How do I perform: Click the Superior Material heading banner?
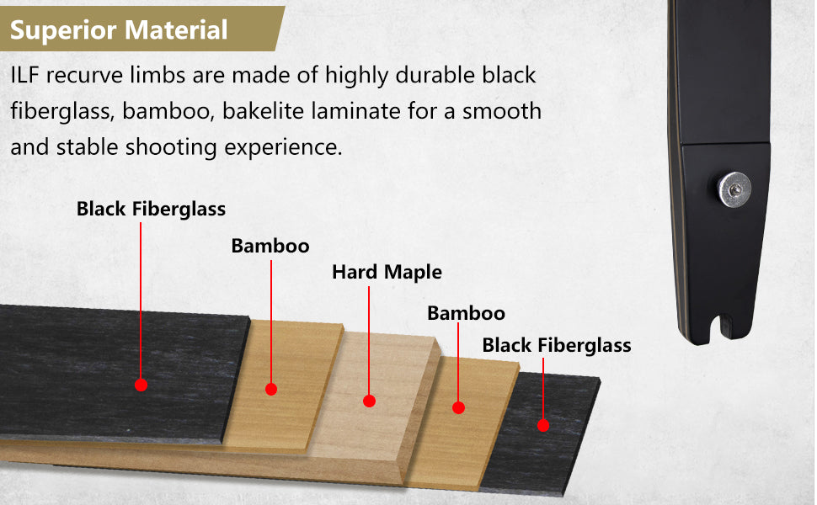coord(141,29)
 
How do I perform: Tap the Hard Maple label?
coord(387,273)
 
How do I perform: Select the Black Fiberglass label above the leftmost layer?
coord(151,210)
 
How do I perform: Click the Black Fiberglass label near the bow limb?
coord(557,345)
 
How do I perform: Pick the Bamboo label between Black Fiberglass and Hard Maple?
coord(270,246)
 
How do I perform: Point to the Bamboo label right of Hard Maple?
coord(467,313)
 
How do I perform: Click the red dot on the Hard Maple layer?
coord(370,401)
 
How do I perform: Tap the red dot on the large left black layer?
coord(141,385)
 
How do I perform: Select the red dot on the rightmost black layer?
coord(543,425)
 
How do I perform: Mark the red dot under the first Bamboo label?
coord(271,389)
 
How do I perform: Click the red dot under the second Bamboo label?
coord(458,407)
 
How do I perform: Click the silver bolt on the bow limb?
coord(734,189)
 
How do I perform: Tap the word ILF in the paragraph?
coord(24,76)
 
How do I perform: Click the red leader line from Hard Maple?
coord(369,341)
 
